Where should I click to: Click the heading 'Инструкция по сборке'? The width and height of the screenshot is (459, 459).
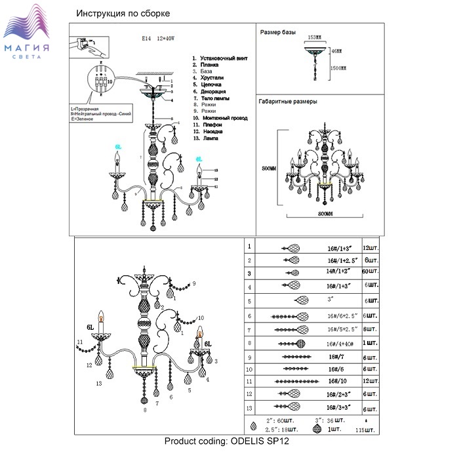point(123,13)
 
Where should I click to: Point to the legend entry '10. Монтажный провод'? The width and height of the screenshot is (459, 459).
point(220,118)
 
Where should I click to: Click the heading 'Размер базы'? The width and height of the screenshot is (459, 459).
point(278,32)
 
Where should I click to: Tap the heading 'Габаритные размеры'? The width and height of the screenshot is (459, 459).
point(288,103)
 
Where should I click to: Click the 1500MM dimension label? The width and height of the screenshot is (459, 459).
point(338,68)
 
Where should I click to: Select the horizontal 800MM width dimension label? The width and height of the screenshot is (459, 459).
point(321,214)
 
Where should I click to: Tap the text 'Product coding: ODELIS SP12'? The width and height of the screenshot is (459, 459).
point(226,440)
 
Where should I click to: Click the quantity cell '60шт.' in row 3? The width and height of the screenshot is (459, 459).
point(372,271)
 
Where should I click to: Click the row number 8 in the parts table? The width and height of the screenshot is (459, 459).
point(249,343)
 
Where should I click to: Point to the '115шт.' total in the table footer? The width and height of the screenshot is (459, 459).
point(372,431)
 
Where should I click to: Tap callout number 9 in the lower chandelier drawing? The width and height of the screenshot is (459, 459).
point(195,283)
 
